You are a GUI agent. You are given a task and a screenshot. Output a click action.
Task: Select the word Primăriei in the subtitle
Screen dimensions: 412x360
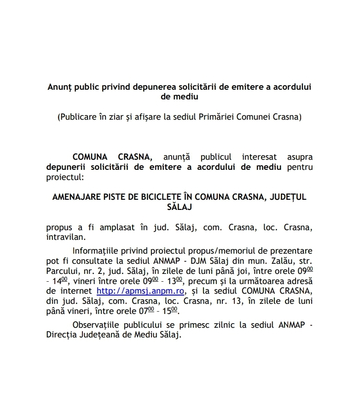(217, 117)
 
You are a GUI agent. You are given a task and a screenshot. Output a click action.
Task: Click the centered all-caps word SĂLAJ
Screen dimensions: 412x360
(179, 207)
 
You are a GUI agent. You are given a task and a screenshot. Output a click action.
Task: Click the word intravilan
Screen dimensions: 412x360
(65, 238)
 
